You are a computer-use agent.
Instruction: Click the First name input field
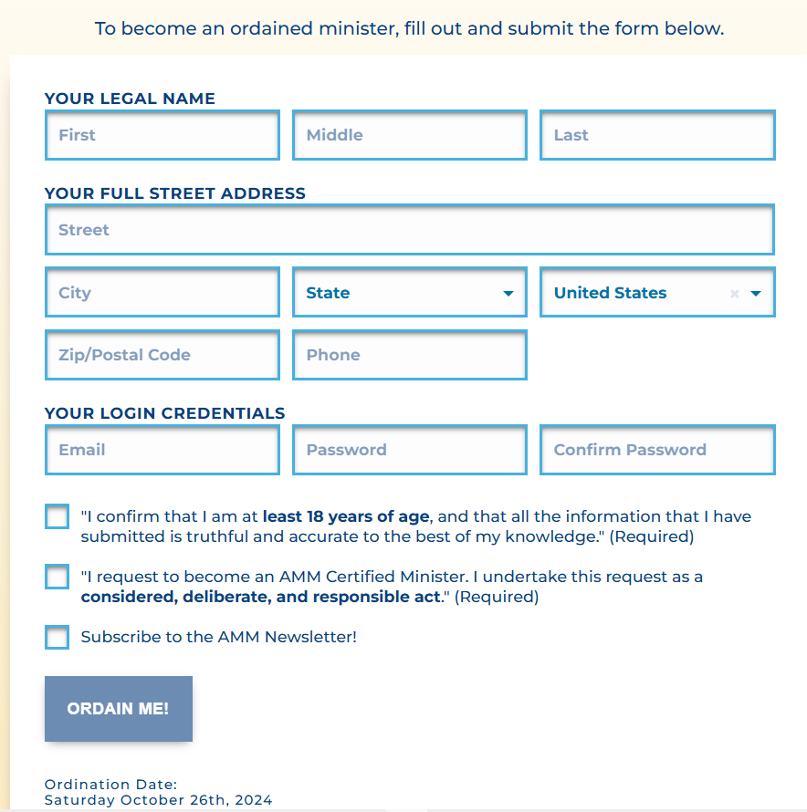tap(162, 135)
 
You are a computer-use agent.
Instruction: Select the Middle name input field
tap(409, 135)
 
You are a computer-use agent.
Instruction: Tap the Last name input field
tap(656, 135)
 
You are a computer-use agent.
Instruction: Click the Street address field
tap(409, 230)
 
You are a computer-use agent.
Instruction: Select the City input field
tap(162, 293)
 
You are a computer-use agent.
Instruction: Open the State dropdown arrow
tap(508, 294)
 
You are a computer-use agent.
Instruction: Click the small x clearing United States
tap(735, 294)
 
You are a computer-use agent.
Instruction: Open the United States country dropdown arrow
tap(756, 294)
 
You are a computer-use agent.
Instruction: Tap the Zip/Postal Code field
tap(162, 355)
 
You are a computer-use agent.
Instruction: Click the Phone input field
tap(409, 355)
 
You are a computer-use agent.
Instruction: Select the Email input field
tap(162, 450)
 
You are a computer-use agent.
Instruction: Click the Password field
tap(409, 450)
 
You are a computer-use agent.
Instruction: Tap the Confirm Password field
tap(656, 450)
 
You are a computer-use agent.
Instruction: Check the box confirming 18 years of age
tap(57, 516)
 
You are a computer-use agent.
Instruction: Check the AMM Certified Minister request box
tap(57, 577)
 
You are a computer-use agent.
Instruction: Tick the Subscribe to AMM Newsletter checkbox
tap(57, 637)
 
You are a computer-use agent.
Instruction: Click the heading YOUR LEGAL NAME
tap(130, 99)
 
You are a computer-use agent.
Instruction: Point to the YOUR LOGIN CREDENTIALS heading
tap(164, 413)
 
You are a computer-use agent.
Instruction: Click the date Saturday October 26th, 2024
tap(158, 800)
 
